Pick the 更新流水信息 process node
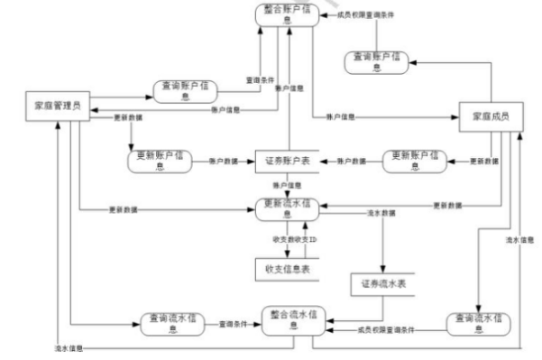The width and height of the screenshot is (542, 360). (x=289, y=207)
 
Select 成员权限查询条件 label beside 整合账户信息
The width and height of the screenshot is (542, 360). (x=371, y=15)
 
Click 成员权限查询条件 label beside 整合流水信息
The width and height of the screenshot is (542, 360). (x=386, y=329)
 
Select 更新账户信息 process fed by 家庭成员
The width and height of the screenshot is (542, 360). (x=416, y=161)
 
